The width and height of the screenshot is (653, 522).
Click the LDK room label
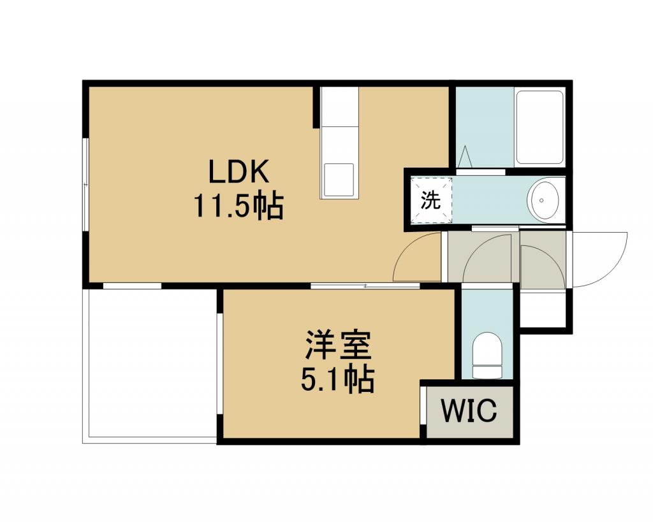tap(238, 172)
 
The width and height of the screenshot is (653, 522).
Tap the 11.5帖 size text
tap(238, 206)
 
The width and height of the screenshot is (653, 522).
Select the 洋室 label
tap(338, 345)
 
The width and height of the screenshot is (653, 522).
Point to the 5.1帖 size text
tap(337, 379)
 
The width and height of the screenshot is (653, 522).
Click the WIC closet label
tap(469, 410)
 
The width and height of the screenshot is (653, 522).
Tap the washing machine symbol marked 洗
tap(430, 201)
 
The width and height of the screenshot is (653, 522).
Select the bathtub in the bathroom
tap(539, 128)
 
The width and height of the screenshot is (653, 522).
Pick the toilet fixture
tap(487, 354)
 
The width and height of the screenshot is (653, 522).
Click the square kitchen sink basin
tap(339, 180)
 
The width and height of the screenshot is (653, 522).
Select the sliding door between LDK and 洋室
tap(365, 286)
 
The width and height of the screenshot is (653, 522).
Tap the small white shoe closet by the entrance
tap(543, 310)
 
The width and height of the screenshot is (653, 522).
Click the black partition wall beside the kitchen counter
tap(316, 107)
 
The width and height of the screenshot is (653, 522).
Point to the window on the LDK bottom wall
tap(132, 286)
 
